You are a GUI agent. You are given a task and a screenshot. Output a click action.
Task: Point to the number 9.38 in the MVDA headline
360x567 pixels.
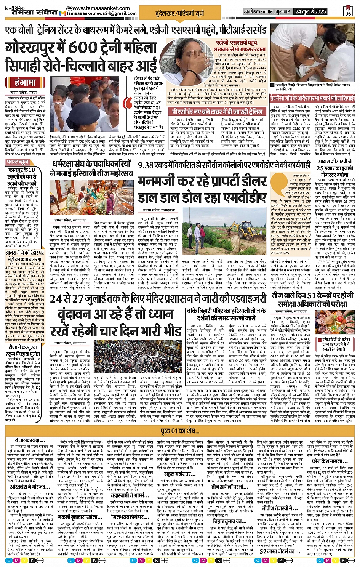146,165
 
